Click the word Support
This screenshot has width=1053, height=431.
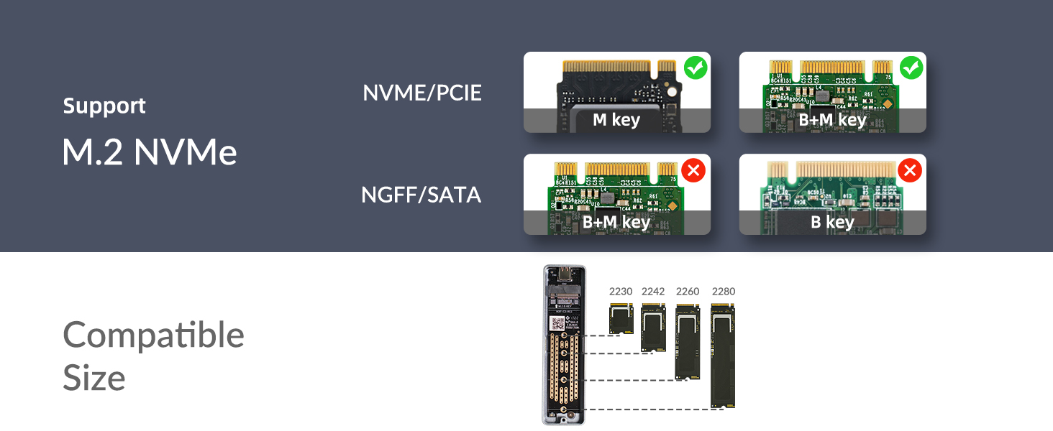[104, 106]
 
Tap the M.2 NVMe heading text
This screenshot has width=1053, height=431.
[150, 152]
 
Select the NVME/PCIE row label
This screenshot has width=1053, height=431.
[422, 93]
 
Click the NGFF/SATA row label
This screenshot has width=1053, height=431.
[421, 194]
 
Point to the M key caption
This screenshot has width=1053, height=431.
[616, 120]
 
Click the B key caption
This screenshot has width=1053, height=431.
[832, 222]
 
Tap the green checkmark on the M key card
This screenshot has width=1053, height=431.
[696, 68]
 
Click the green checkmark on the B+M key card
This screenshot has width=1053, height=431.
[911, 68]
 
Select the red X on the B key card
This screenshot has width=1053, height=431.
[910, 171]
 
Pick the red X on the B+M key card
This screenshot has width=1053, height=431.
[694, 171]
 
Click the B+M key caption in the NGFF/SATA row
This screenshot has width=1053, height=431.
[616, 222]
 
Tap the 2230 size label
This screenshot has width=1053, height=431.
[621, 292]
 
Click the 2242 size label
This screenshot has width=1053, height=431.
[653, 292]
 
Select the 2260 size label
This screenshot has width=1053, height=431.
[688, 292]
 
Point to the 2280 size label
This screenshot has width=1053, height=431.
[724, 292]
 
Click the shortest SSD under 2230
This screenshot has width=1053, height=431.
[621, 318]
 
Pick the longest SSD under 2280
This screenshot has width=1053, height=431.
[723, 356]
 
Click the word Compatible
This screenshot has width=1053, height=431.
[154, 335]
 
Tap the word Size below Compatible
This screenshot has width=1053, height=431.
[94, 378]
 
